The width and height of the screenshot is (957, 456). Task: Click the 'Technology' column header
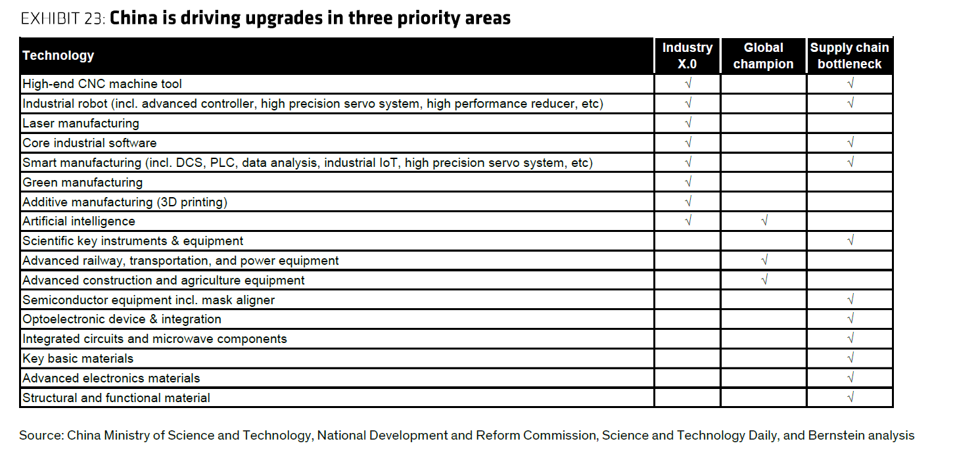pyautogui.click(x=58, y=56)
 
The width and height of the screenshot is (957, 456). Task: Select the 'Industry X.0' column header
pyautogui.click(x=688, y=56)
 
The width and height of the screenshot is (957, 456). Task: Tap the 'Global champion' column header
pyautogui.click(x=763, y=56)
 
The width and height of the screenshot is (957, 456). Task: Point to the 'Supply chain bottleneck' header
pyautogui.click(x=849, y=56)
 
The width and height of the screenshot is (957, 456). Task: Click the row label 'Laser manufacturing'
pyautogui.click(x=81, y=124)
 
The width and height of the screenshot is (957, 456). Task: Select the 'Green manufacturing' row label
pyautogui.click(x=83, y=183)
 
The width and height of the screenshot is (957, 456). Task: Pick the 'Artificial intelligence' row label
pyautogui.click(x=79, y=221)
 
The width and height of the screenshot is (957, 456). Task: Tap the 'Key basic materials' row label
pyautogui.click(x=78, y=359)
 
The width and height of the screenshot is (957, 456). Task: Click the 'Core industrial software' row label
pyautogui.click(x=89, y=143)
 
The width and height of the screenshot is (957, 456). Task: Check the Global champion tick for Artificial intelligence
pyautogui.click(x=764, y=221)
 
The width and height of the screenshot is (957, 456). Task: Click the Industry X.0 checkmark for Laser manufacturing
pyautogui.click(x=688, y=124)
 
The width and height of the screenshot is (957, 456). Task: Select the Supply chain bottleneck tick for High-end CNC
pyautogui.click(x=851, y=84)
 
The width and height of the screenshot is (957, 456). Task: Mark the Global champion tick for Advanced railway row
pyautogui.click(x=764, y=261)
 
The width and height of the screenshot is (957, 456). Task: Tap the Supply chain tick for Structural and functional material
pyautogui.click(x=851, y=398)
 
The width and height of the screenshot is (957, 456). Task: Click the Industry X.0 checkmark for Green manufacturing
pyautogui.click(x=688, y=183)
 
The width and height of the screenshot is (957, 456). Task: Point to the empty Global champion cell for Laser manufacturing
pyautogui.click(x=764, y=124)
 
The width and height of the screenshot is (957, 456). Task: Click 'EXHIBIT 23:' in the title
pyautogui.click(x=63, y=18)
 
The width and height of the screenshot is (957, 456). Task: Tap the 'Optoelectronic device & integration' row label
pyautogui.click(x=122, y=319)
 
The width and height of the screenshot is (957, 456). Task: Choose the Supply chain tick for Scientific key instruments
pyautogui.click(x=851, y=241)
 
